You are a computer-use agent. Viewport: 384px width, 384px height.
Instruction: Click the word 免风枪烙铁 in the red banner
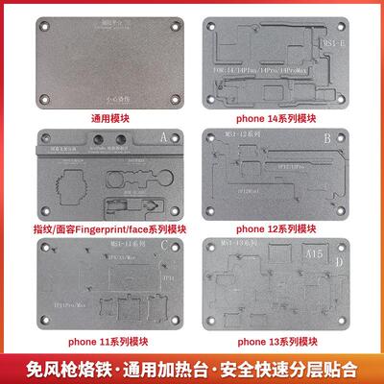pos(55,369)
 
